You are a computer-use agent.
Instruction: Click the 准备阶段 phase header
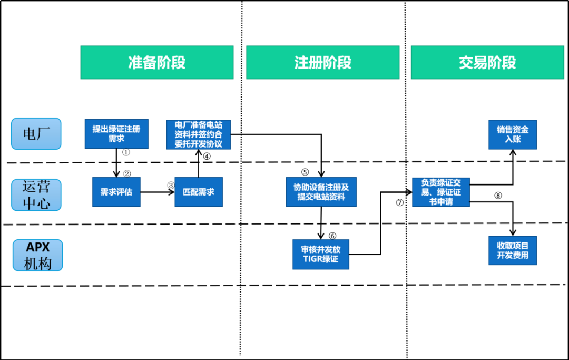pos(156,63)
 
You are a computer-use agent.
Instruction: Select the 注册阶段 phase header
pos(322,63)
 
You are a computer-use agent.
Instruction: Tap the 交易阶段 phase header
pos(487,63)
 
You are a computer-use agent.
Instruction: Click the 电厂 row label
pos(36,134)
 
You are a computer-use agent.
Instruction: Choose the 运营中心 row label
pos(36,195)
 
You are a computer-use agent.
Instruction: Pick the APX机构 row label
pos(37,256)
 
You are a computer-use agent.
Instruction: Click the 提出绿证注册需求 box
pos(116,134)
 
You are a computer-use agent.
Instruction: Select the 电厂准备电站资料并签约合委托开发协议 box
pos(199,134)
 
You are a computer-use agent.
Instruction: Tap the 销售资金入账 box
pos(513,134)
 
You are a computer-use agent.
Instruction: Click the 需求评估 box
pos(116,192)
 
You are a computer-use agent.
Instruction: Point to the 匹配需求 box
pos(199,192)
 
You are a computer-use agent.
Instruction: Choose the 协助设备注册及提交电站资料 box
pos(321,192)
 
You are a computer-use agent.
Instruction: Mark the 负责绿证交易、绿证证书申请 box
pos(441,192)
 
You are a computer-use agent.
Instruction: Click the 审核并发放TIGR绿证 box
pos(321,255)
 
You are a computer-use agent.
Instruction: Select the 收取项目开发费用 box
pos(513,250)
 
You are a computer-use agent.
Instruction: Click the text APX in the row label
pos(37,248)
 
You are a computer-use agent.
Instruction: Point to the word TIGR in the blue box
pos(313,259)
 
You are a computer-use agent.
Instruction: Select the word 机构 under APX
pos(37,264)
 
